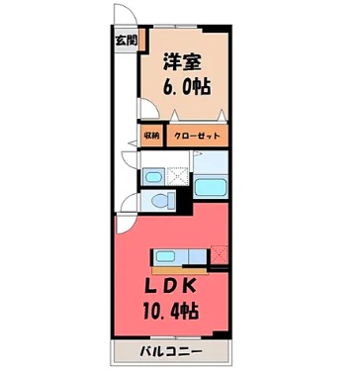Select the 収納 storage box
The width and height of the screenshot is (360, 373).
(150, 135)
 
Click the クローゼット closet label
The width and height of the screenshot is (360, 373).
(198, 135)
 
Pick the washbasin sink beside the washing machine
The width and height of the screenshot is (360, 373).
(153, 177)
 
